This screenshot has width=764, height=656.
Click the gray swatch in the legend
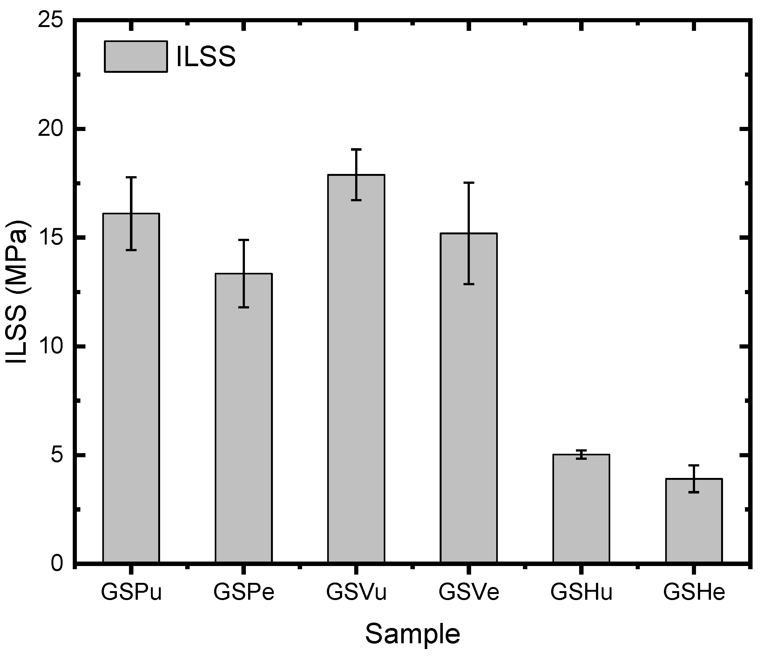tap(136, 57)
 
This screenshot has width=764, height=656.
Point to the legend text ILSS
tap(206, 57)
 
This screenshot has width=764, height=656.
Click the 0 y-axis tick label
tap(57, 564)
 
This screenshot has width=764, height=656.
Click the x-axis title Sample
tap(413, 634)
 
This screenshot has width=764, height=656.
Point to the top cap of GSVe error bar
tap(469, 183)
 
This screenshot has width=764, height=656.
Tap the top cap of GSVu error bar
tap(356, 149)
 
